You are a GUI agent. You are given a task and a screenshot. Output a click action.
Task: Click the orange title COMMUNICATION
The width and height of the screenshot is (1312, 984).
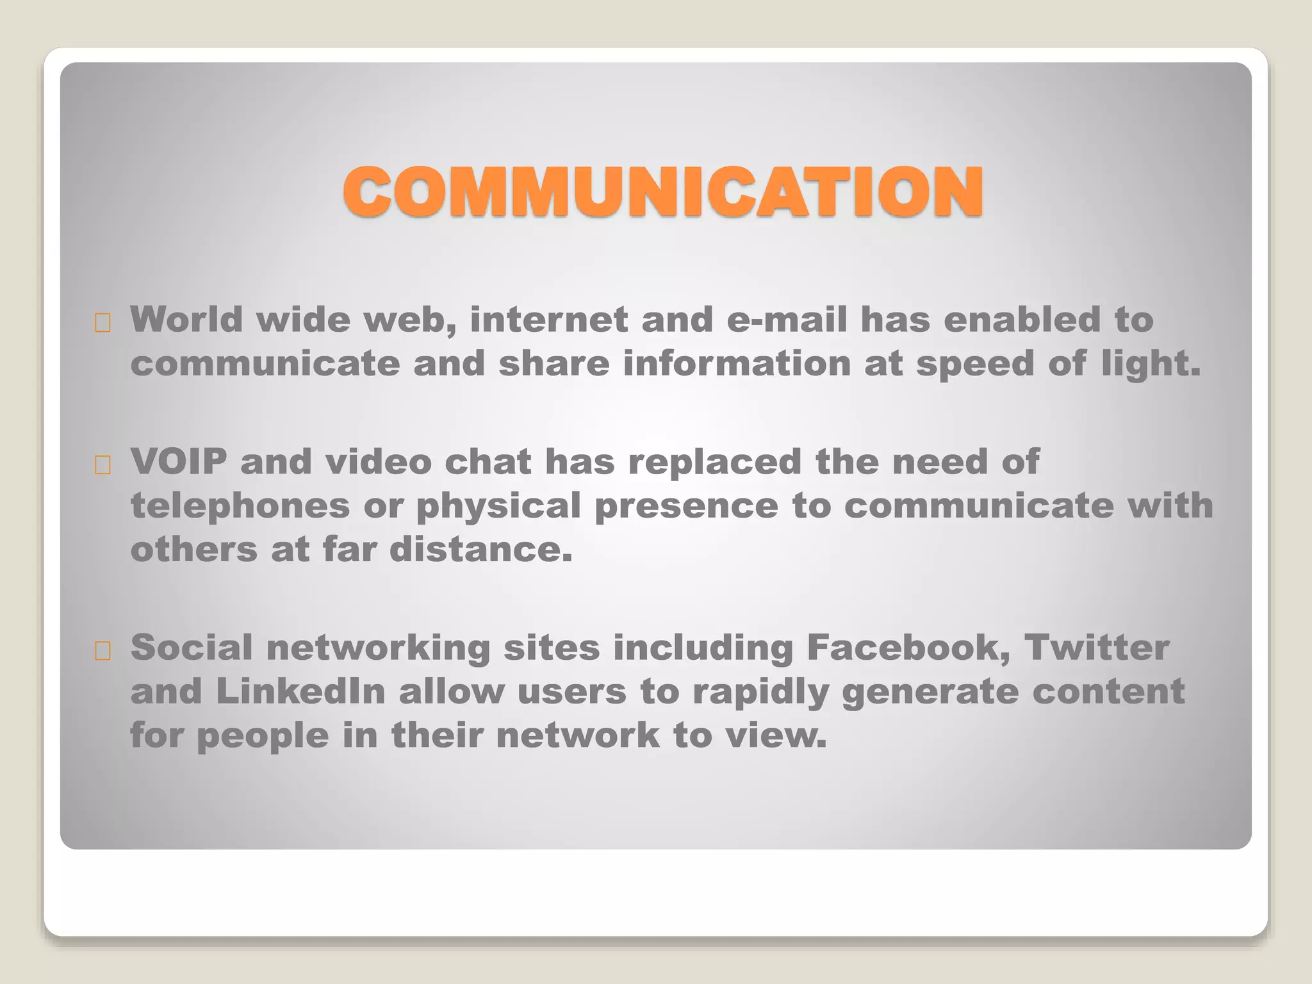(x=663, y=192)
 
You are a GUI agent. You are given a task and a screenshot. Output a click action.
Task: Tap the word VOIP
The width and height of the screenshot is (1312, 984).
(x=179, y=462)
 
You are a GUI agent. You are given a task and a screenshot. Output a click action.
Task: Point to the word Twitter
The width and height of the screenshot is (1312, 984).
(x=1096, y=648)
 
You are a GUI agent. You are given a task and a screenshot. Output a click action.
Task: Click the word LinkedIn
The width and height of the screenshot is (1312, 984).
(x=300, y=691)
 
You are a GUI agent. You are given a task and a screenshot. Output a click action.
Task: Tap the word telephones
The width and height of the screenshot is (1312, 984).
(x=240, y=506)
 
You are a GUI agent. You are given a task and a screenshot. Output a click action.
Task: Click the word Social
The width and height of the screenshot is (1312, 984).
(x=192, y=648)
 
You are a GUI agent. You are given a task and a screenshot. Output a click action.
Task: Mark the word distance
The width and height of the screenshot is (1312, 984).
(x=480, y=550)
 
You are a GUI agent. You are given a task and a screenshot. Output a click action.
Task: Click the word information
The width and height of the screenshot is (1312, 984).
(x=737, y=363)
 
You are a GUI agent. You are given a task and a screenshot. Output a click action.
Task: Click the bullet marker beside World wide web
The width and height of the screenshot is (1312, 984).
(x=102, y=324)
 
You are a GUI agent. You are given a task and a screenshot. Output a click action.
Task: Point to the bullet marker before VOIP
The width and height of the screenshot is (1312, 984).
(x=102, y=466)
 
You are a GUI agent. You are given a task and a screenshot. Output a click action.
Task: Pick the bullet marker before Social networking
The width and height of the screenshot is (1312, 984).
(x=102, y=652)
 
